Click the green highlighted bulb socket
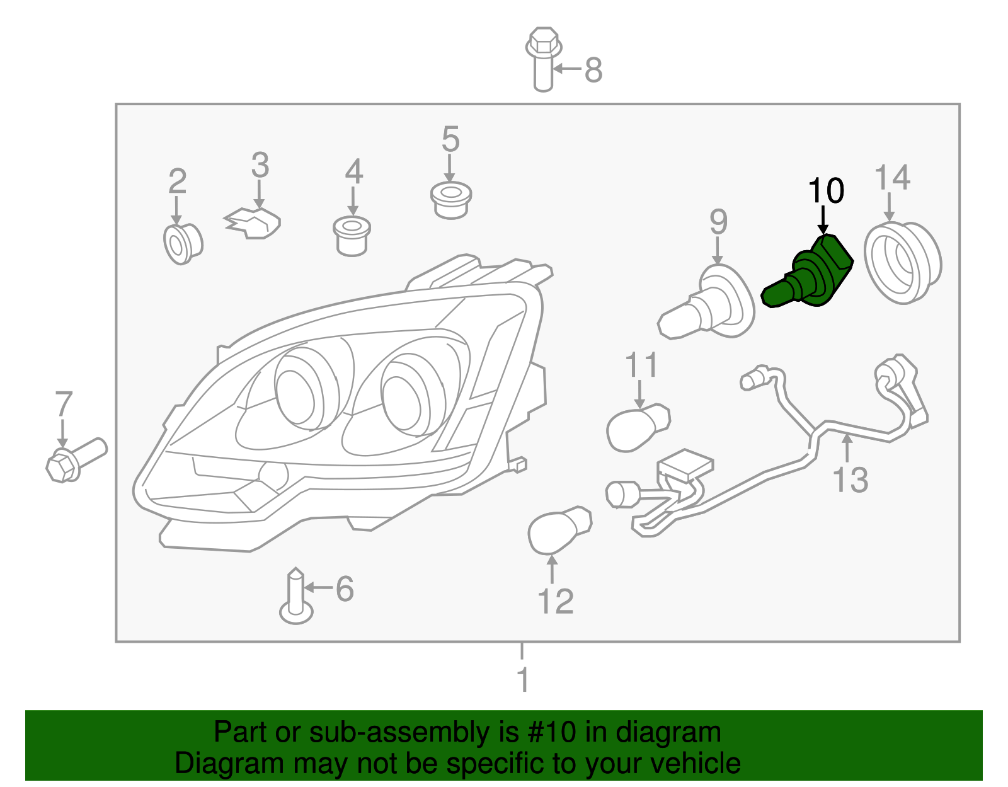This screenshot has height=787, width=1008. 809,274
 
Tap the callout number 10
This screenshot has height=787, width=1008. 825,191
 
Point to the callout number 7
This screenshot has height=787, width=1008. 64,405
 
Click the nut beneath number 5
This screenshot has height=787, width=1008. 450,200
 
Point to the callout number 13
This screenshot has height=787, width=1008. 850,480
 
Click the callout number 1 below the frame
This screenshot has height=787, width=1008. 522,681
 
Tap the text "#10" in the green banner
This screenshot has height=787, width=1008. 549,732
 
